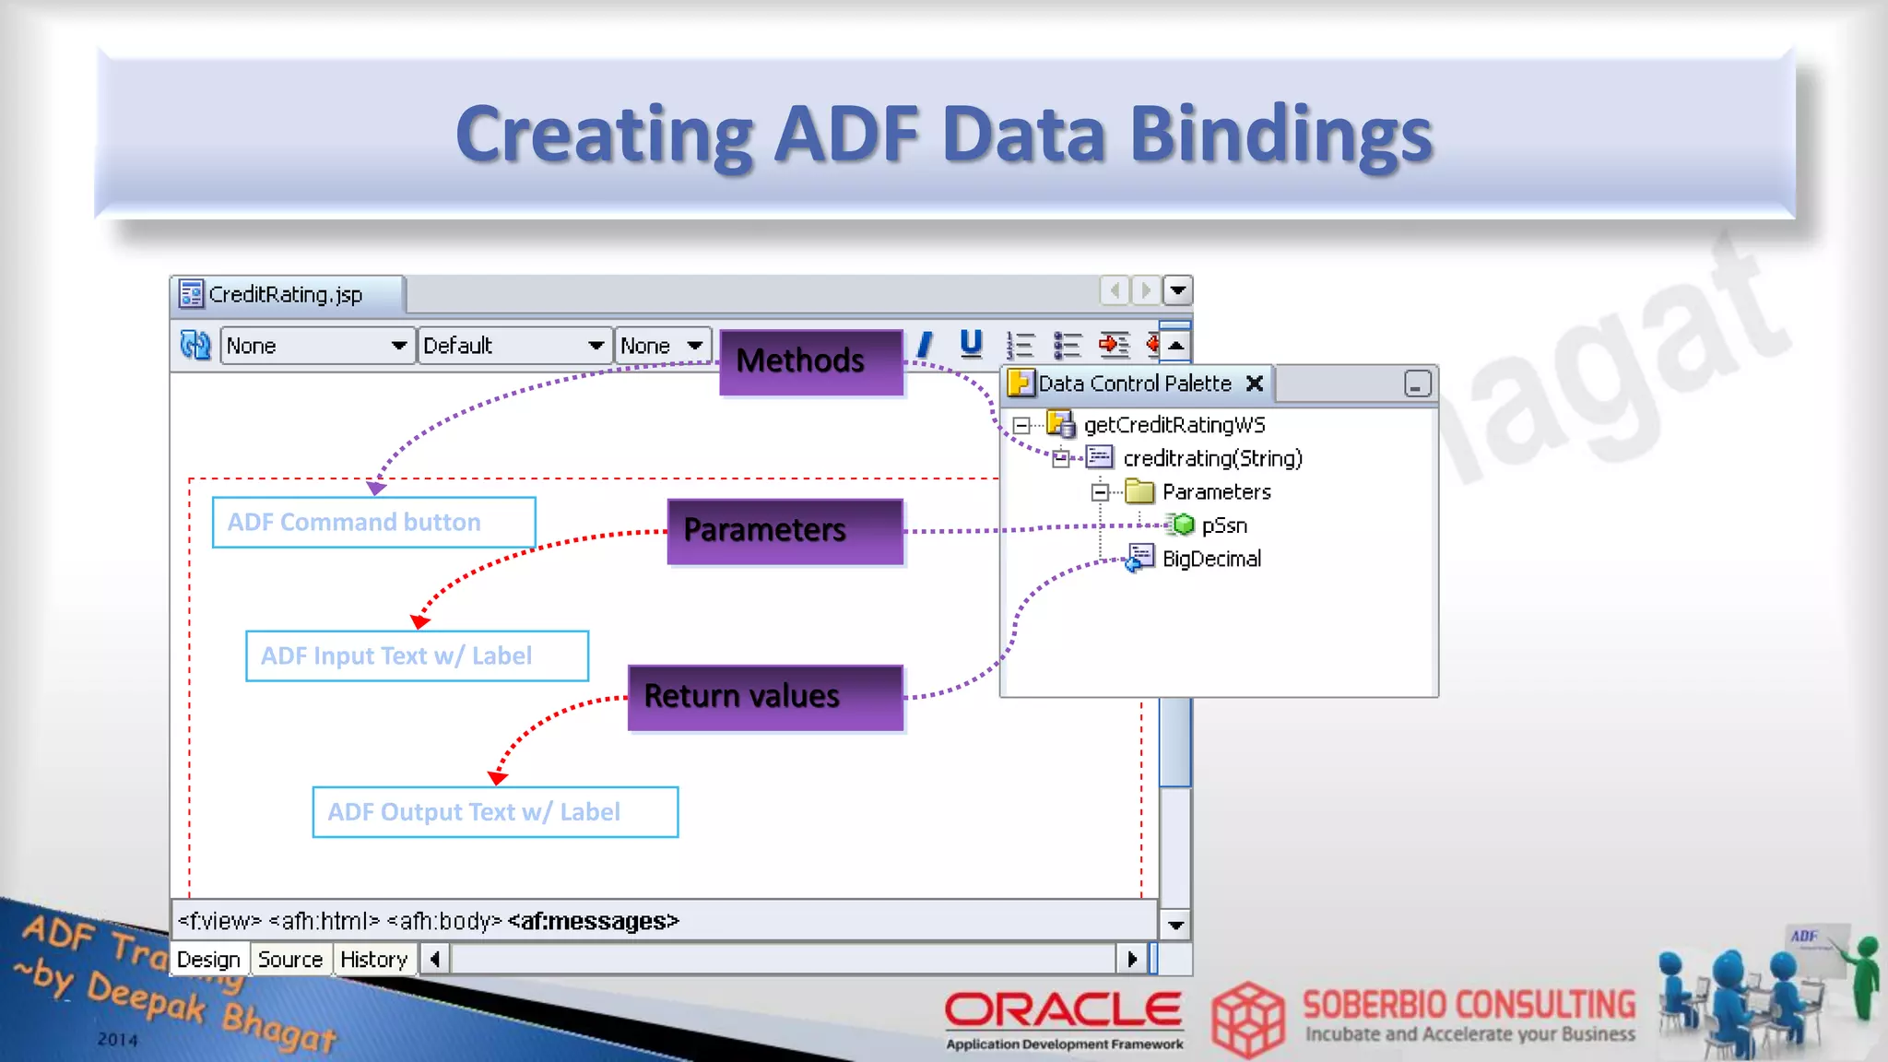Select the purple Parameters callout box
[785, 531]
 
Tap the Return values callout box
[765, 697]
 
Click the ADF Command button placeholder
[373, 523]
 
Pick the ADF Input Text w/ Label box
[417, 656]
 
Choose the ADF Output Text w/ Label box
[495, 812]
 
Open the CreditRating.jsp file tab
[286, 295]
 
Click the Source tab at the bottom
[290, 960]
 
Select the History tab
[373, 960]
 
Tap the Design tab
[208, 960]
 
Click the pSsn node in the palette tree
[1223, 525]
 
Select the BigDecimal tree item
[1211, 559]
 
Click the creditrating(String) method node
[1212, 458]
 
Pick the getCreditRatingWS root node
[1174, 425]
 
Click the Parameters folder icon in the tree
[1139, 491]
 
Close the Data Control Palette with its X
[1255, 383]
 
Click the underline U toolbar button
[971, 344]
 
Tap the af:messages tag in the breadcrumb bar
[593, 921]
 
